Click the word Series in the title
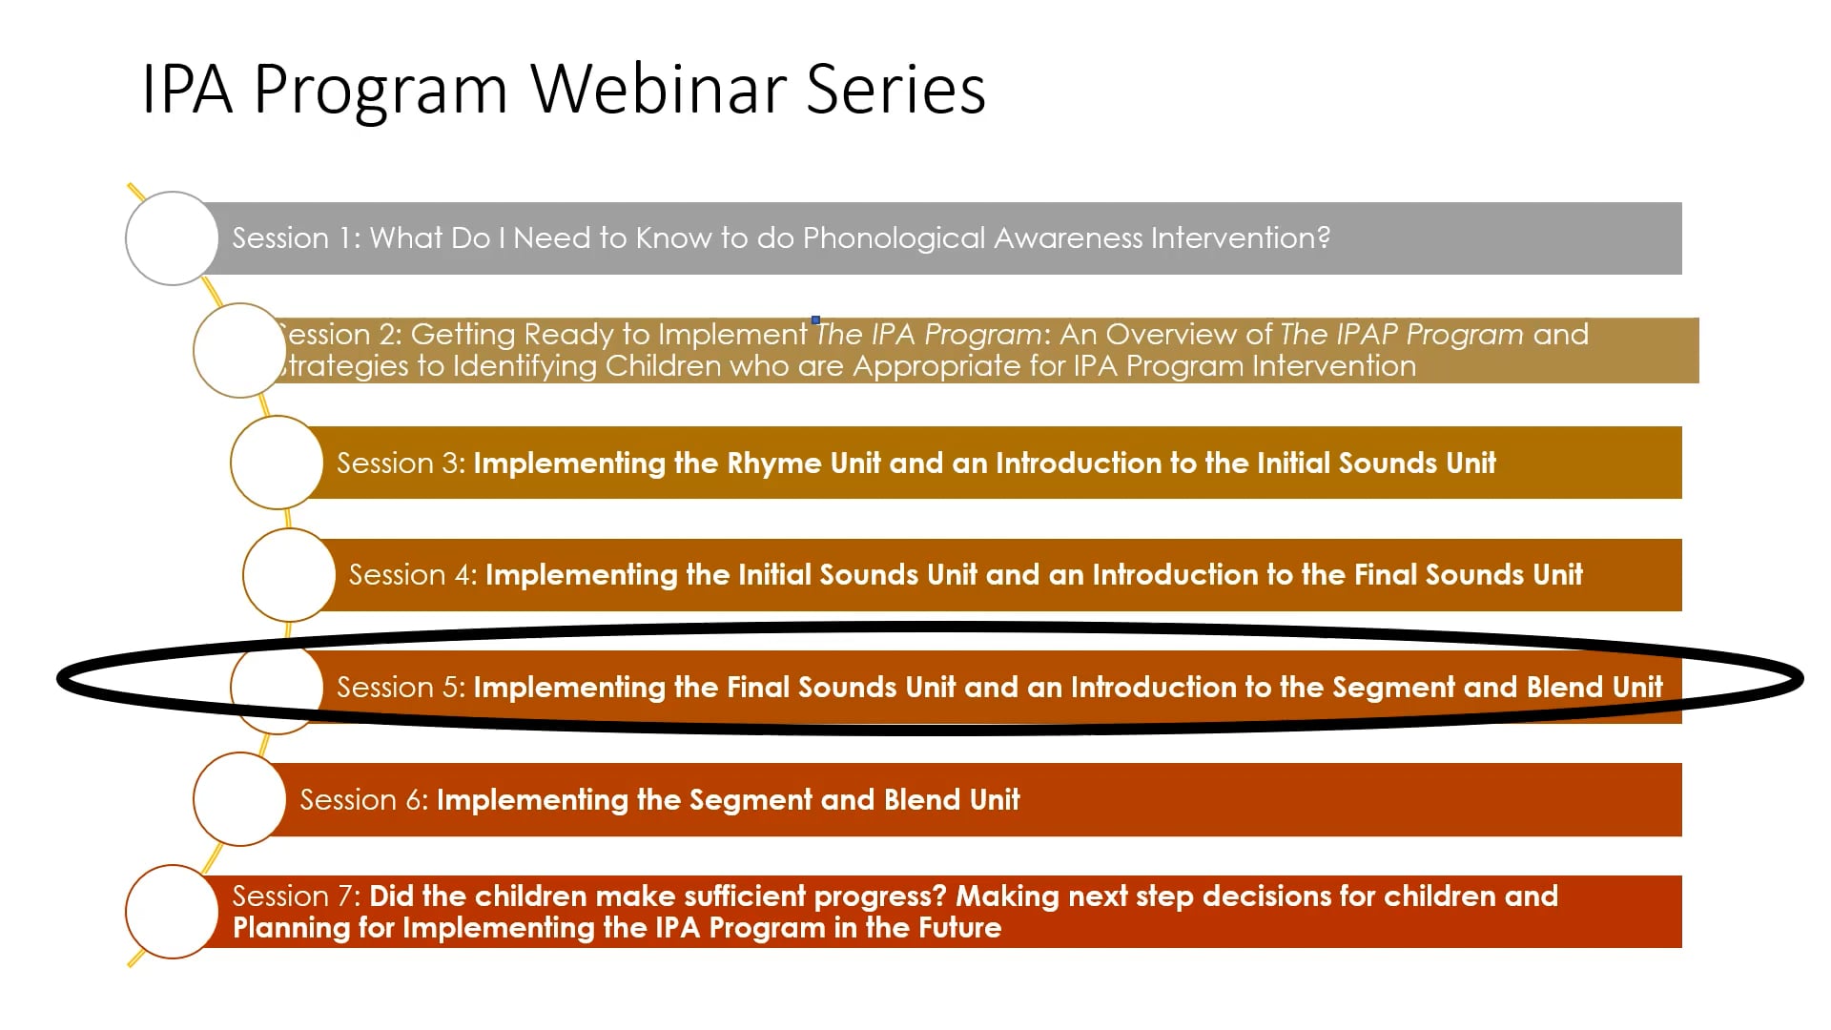(x=895, y=89)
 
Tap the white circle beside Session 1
(x=172, y=238)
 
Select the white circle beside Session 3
(x=277, y=463)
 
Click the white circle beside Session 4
(x=289, y=575)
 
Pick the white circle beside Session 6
(x=239, y=799)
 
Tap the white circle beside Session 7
(x=172, y=912)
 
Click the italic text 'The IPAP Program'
(x=1401, y=335)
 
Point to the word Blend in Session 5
(x=1562, y=688)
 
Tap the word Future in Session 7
(x=959, y=928)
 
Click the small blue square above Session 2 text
(x=815, y=319)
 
